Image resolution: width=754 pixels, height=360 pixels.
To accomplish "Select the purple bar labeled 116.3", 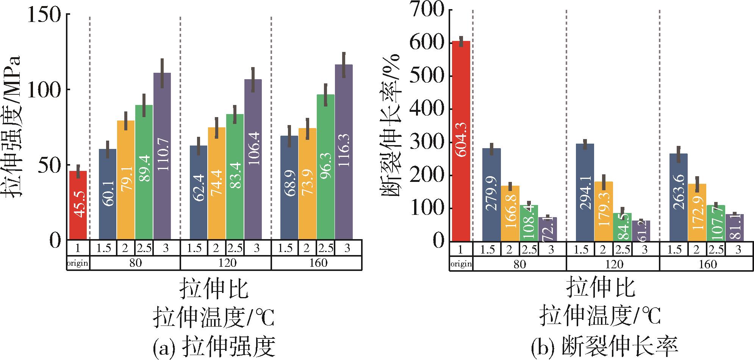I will [344, 152].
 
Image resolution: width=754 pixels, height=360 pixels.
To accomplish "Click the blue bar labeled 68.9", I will [289, 187].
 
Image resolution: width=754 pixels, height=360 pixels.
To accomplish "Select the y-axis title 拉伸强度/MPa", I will [14, 127].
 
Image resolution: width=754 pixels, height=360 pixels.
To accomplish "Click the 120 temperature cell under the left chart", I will [226, 263].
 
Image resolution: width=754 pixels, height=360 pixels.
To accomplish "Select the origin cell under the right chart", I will [461, 264].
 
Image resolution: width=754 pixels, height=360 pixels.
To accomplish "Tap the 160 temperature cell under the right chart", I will [707, 264].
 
